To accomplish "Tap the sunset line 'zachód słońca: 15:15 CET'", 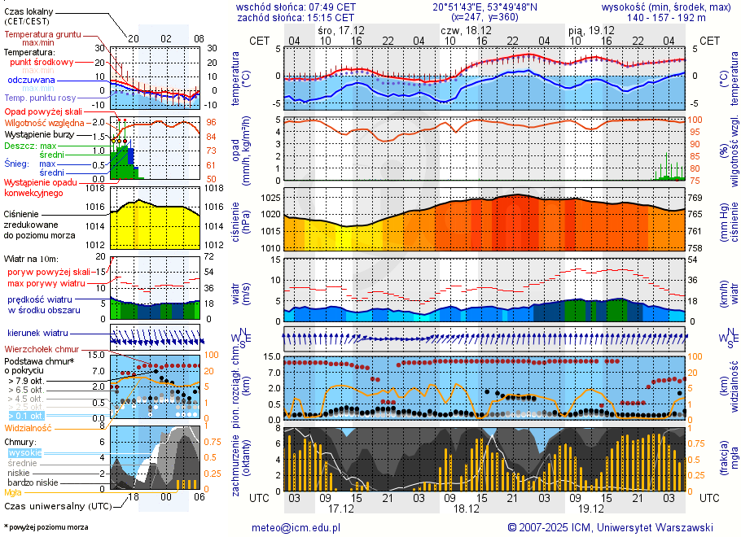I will click(296, 17).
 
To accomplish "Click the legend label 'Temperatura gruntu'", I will click(42, 35).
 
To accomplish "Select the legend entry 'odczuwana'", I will click(32, 81).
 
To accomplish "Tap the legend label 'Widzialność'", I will click(28, 427).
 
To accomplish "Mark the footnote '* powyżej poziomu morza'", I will click(46, 527).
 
